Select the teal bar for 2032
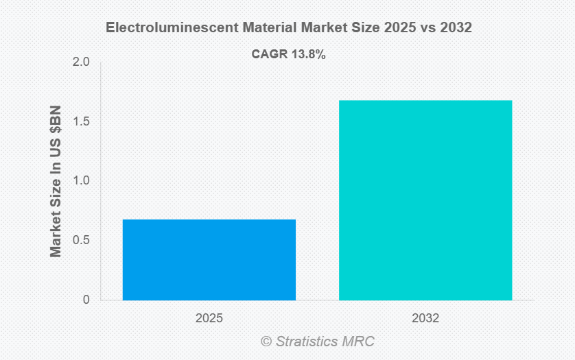pos(425,200)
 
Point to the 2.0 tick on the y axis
pos(82,62)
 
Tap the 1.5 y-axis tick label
pos(82,122)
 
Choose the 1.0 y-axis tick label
pos(82,181)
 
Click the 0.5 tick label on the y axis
pos(82,241)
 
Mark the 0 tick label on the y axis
pos(86,300)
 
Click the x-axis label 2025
pos(209,318)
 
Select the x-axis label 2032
pos(425,318)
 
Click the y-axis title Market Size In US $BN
pos(56,181)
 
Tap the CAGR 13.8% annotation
pos(287,54)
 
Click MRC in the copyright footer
pos(360,341)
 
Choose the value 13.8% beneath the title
pos(308,54)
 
